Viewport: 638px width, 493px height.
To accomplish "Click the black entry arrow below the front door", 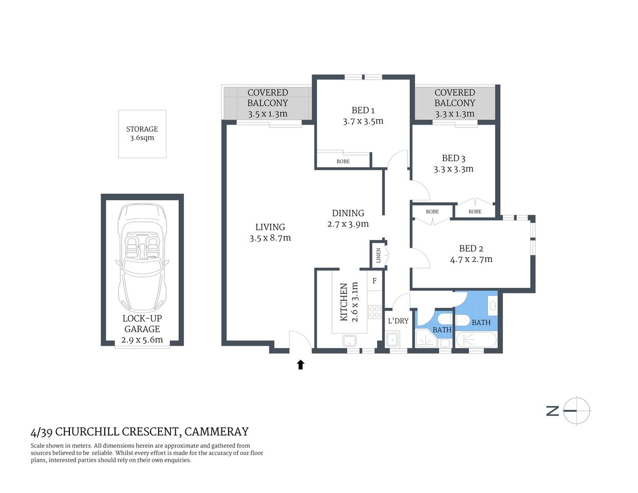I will click(301, 365).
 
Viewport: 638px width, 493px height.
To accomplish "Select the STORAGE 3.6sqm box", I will click(142, 134).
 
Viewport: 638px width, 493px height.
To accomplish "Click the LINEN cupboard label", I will click(379, 255).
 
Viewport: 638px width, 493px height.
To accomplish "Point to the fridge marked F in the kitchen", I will click(374, 281).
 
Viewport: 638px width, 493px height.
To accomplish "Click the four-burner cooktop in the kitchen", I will click(374, 312).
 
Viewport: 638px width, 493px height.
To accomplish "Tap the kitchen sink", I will click(350, 340).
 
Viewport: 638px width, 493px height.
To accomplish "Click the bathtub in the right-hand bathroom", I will click(476, 340).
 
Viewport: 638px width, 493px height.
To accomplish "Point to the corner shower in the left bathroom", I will click(426, 339).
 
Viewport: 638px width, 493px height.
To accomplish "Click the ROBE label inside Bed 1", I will click(343, 161).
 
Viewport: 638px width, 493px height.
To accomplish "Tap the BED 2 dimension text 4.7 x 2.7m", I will click(471, 259).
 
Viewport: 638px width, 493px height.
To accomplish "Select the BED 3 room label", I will click(454, 158).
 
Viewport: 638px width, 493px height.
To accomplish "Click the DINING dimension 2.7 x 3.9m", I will click(348, 224).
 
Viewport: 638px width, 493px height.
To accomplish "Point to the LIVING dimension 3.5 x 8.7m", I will click(270, 238).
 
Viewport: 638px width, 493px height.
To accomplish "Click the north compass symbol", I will click(576, 411).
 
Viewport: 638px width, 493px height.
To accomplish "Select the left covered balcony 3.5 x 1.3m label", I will click(268, 114).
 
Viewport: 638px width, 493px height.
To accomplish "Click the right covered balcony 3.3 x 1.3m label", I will click(455, 114).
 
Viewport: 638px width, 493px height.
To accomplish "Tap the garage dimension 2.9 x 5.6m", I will click(142, 339).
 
